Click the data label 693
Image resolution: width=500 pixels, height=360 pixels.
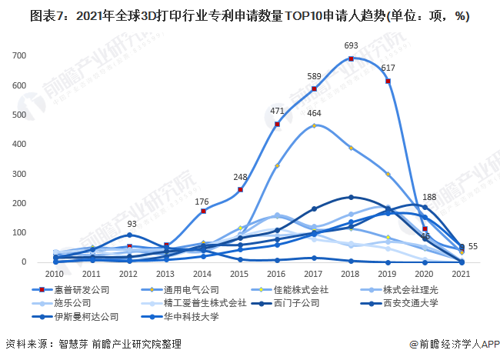coord(352,46)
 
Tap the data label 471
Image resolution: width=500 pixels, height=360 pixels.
coord(278,111)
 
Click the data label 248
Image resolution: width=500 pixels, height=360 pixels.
coord(241,177)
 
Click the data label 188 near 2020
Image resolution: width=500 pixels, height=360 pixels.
coord(430,197)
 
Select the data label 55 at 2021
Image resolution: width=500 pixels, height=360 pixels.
coord(473,246)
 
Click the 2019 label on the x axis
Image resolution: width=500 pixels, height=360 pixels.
coord(388,273)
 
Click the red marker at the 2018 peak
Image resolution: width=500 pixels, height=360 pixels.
coord(352,58)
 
